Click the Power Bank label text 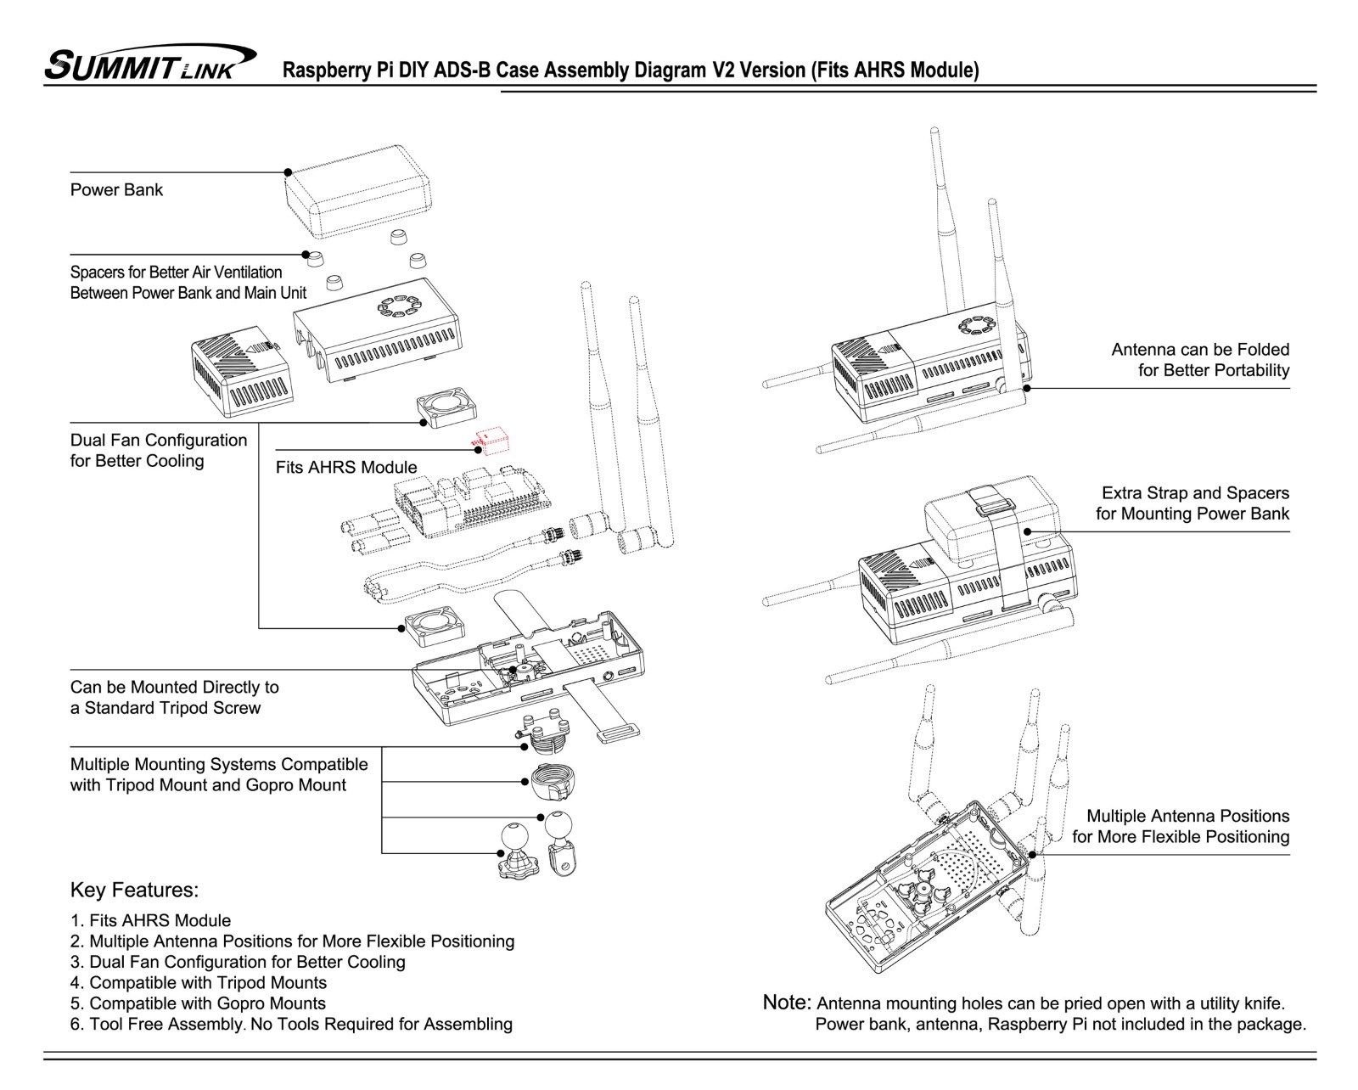[x=116, y=189]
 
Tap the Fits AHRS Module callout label [x=346, y=467]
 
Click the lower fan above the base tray [x=435, y=626]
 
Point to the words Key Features [x=134, y=891]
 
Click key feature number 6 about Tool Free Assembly [x=291, y=1024]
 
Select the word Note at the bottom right [x=787, y=1003]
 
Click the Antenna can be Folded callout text [x=1200, y=360]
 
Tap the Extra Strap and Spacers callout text [x=1192, y=503]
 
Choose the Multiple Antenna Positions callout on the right [x=1180, y=826]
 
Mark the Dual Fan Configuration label [x=158, y=451]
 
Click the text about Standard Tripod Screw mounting [x=174, y=697]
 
